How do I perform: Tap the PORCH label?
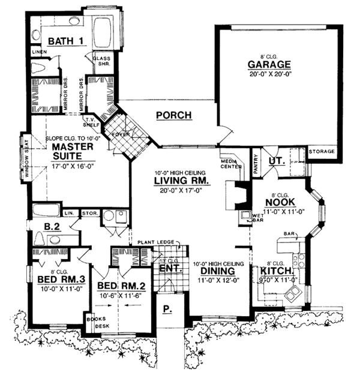click(x=173, y=115)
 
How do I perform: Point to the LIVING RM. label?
click(x=181, y=181)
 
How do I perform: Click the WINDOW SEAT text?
click(x=26, y=159)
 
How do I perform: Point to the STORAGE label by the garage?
click(x=322, y=152)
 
